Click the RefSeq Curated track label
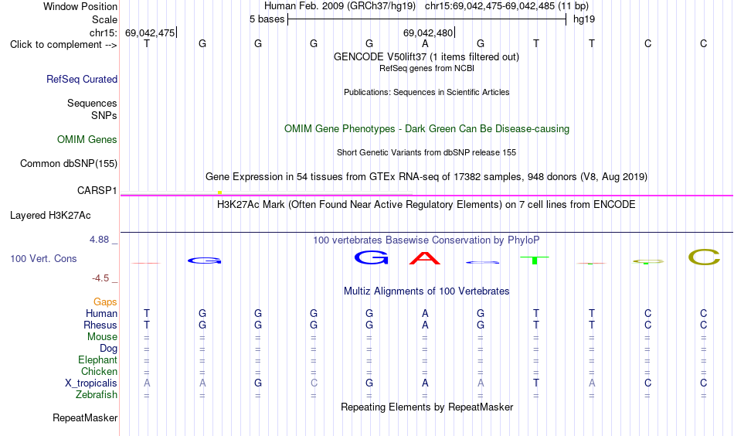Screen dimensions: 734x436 (82, 79)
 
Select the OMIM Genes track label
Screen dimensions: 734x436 (87, 140)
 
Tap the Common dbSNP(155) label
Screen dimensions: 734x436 (68, 163)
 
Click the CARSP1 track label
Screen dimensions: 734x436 (97, 191)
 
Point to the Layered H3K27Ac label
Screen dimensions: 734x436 (50, 216)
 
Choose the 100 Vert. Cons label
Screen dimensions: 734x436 (43, 258)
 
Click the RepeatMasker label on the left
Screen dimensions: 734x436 (85, 417)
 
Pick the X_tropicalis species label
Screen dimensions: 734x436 (91, 383)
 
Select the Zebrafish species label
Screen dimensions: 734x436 (97, 395)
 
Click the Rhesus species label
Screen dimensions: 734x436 (100, 325)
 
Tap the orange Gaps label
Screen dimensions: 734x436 (105, 302)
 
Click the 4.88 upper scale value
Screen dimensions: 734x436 (99, 240)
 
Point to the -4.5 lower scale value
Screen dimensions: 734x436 (100, 278)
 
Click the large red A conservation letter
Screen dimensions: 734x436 (425, 258)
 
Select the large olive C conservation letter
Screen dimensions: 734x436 (704, 257)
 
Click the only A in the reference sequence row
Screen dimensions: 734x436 (425, 43)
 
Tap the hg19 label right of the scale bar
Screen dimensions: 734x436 (584, 19)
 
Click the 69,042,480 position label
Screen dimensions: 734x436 (428, 32)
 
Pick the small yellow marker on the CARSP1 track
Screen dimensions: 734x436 (219, 192)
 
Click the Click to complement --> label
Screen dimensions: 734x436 (63, 45)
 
